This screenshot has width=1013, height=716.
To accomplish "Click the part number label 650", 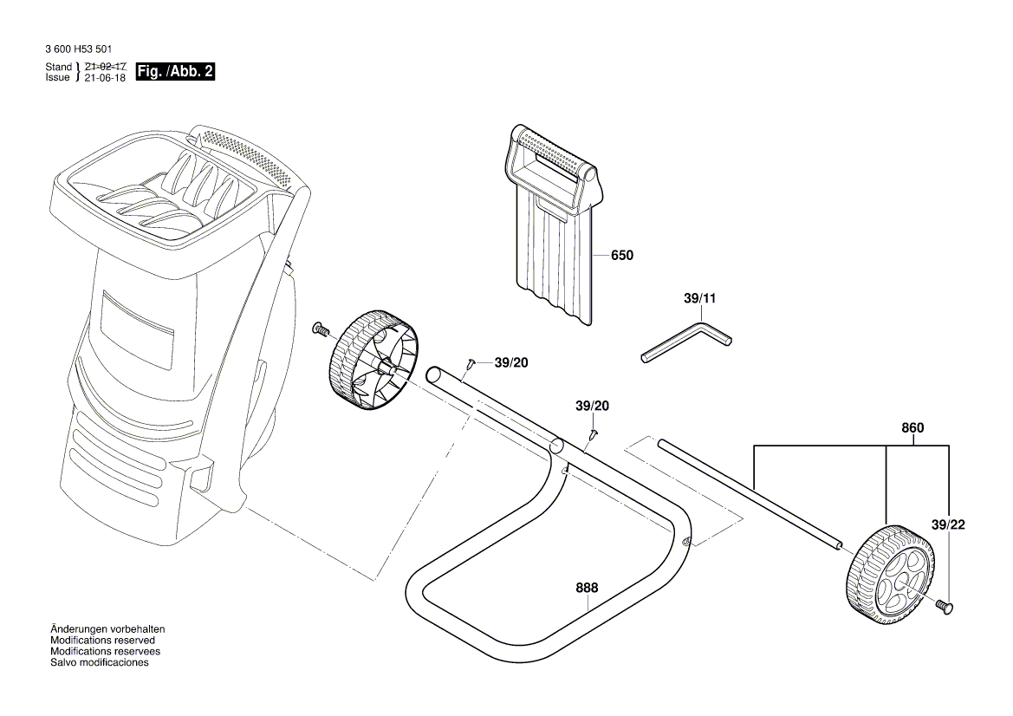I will tap(621, 256).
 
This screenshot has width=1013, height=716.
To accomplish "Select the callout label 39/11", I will tap(700, 298).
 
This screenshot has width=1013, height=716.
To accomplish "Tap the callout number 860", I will tap(912, 428).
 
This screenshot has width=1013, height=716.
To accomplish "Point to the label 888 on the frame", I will tap(587, 588).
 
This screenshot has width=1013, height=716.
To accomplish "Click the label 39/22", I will tap(947, 525).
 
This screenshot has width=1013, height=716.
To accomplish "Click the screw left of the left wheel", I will tap(320, 329).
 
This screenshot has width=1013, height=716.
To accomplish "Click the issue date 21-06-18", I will tap(103, 77).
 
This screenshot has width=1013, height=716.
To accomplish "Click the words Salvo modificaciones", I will tap(99, 662).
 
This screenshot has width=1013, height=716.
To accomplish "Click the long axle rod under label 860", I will tap(750, 493).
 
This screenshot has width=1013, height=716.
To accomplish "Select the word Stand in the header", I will tap(58, 67).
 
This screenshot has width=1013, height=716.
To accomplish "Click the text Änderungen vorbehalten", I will tap(107, 628).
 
